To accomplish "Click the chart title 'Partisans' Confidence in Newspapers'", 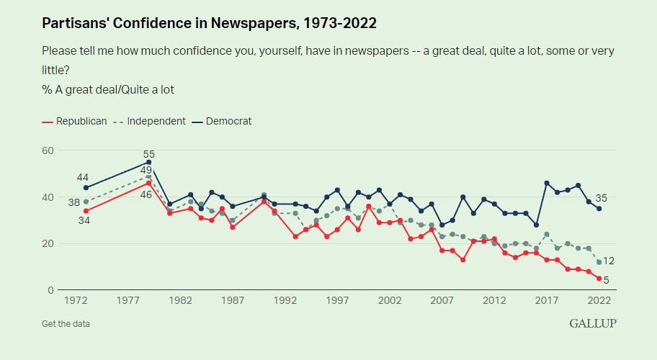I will click(209, 23).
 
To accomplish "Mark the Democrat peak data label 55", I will click(149, 153).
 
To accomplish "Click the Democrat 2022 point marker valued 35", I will click(599, 209).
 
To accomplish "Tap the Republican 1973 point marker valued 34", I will click(86, 211).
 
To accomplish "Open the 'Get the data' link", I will click(66, 323).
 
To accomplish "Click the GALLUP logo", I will click(593, 323).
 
